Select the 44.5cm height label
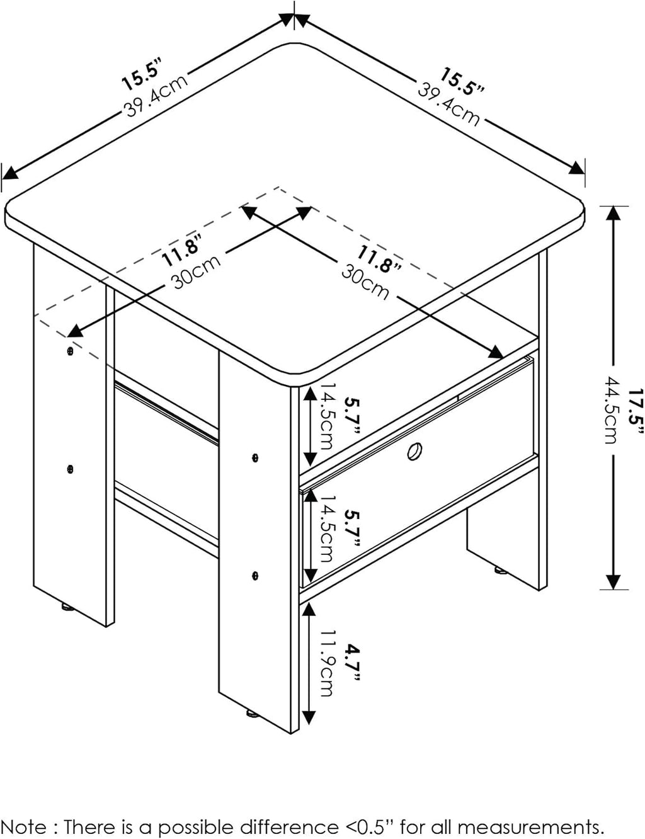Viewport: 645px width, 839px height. [610, 409]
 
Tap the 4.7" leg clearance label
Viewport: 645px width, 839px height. [351, 661]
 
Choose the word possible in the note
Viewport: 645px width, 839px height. [178, 826]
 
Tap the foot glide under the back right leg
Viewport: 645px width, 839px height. [501, 571]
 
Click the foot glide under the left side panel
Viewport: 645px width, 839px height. [66, 607]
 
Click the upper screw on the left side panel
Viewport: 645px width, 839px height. [70, 349]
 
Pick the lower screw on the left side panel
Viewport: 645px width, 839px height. [70, 468]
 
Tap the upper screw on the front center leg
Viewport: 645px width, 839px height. [254, 457]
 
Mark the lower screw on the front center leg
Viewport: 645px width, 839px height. [254, 574]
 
